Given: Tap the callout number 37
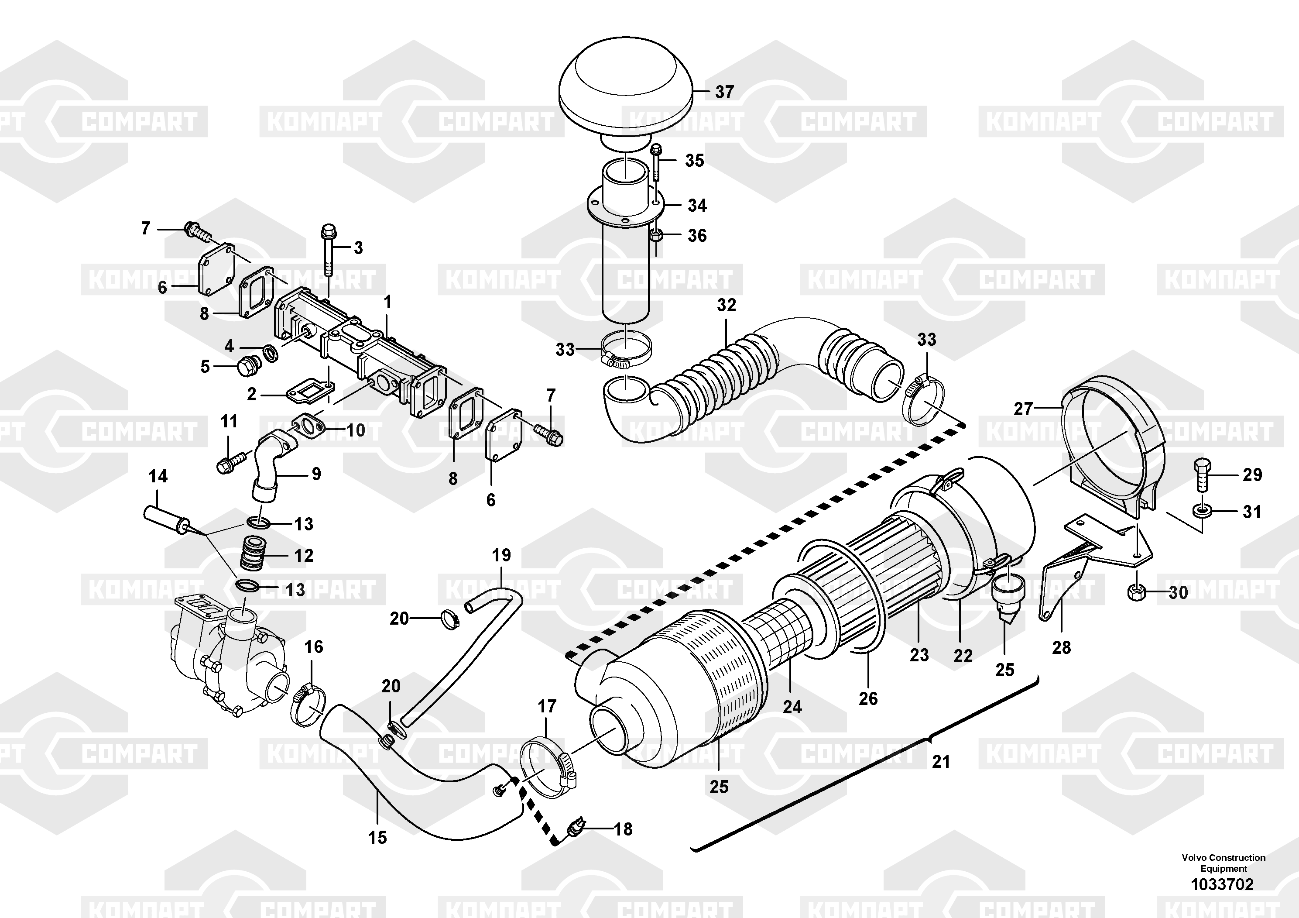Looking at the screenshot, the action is tap(724, 92).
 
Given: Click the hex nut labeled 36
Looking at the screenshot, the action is tap(656, 235).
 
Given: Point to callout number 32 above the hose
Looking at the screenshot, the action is tap(727, 305).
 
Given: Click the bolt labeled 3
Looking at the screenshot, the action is tap(328, 249).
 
